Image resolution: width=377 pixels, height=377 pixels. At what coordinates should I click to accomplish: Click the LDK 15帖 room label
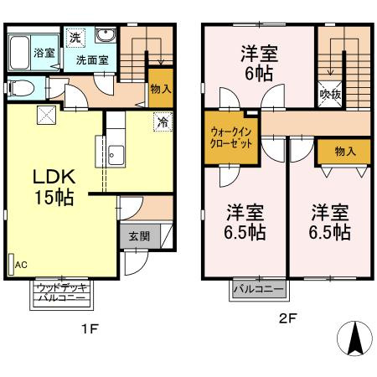pos(54,187)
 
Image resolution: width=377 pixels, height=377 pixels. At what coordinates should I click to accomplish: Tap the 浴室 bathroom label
pos(21,52)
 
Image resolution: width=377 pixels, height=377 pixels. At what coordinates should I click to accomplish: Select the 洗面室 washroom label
pos(92,60)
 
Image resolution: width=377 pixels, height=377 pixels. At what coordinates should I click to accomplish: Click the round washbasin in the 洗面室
pos(106,36)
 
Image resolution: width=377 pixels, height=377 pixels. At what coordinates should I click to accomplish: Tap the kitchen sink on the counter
pos(115,157)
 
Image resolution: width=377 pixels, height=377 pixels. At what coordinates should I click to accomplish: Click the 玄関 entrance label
pos(139,236)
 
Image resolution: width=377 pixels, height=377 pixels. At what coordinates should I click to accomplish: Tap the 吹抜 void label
pos(330,95)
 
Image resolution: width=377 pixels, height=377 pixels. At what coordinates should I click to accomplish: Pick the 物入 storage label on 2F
pos(344,151)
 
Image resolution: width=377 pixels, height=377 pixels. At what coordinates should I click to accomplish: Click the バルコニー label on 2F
pos(257,289)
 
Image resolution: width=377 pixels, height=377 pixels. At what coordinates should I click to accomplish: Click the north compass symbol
pos(354,339)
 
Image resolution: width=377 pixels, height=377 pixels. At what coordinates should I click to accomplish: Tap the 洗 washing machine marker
pos(75,37)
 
